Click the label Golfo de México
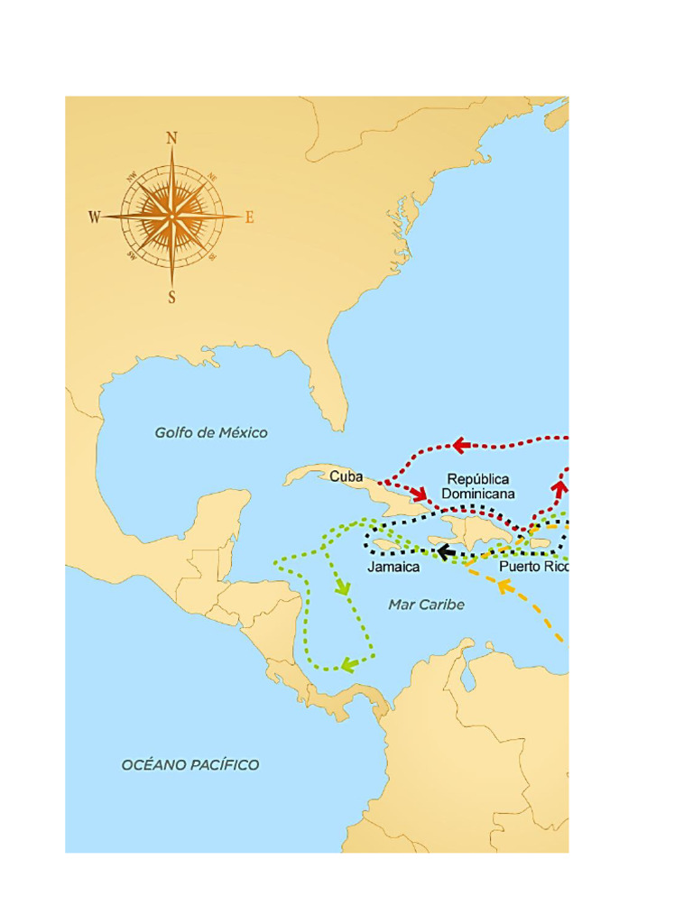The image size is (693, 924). pyautogui.click(x=211, y=433)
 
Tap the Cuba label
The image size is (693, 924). pyautogui.click(x=346, y=476)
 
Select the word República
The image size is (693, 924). pyautogui.click(x=478, y=479)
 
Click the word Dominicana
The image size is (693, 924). pyautogui.click(x=478, y=494)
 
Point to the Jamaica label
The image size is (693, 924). pyautogui.click(x=393, y=568)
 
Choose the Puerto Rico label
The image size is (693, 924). pyautogui.click(x=533, y=568)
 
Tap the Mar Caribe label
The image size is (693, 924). pyautogui.click(x=427, y=605)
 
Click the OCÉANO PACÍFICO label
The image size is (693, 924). pyautogui.click(x=190, y=765)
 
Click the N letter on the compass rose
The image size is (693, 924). pyautogui.click(x=171, y=138)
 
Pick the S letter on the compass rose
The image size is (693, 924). pyautogui.click(x=171, y=297)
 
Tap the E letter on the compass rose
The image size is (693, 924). pyautogui.click(x=250, y=217)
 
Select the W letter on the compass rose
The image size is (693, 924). pyautogui.click(x=94, y=217)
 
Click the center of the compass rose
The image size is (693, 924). pyautogui.click(x=171, y=217)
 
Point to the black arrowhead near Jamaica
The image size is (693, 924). pyautogui.click(x=446, y=550)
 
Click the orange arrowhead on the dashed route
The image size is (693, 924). pyautogui.click(x=505, y=588)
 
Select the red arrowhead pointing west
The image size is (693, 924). pyautogui.click(x=461, y=445)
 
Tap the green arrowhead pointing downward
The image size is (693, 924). pyautogui.click(x=342, y=587)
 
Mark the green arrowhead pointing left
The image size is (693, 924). pyautogui.click(x=348, y=666)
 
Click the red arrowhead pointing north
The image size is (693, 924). pyautogui.click(x=559, y=489)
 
